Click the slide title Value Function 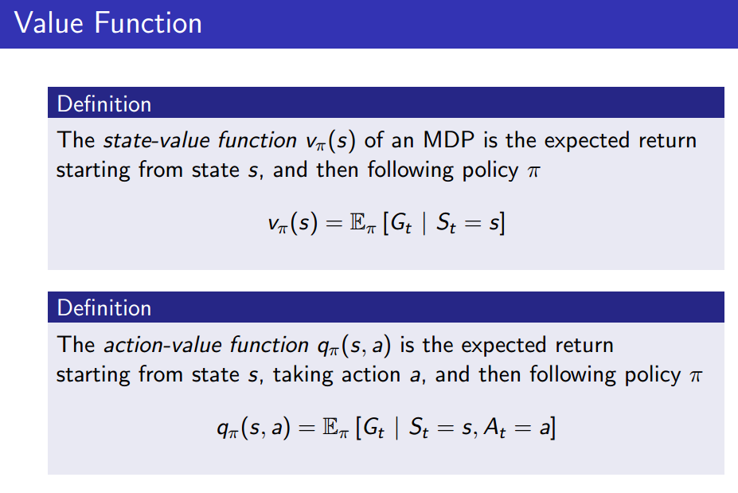108,23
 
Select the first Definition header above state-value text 104,104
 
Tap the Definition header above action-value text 104,308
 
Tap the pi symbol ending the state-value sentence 533,170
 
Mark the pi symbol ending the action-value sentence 695,374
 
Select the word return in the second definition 579,346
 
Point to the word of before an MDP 375,141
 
